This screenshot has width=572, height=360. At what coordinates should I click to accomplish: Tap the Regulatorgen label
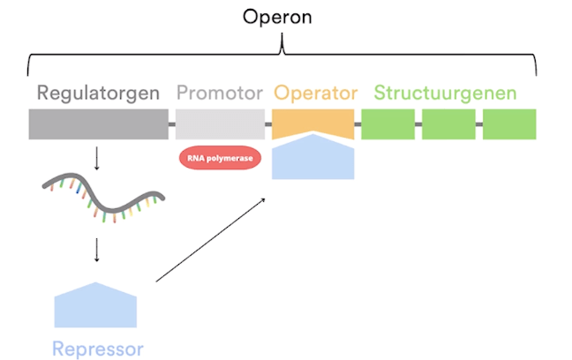click(x=98, y=93)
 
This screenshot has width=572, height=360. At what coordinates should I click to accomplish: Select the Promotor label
click(x=219, y=93)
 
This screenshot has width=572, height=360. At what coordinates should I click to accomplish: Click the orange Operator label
click(x=315, y=93)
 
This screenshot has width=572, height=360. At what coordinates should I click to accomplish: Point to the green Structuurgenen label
click(x=445, y=93)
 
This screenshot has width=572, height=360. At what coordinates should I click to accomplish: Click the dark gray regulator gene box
click(x=98, y=124)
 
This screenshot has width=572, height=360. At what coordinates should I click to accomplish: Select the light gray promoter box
click(x=220, y=124)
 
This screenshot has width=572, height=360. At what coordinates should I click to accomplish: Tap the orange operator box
click(x=313, y=120)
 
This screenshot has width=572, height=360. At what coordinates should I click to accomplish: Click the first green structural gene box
click(x=388, y=124)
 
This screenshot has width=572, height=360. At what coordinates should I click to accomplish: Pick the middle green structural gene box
click(x=448, y=124)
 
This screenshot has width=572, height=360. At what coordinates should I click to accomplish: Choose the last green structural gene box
click(x=509, y=124)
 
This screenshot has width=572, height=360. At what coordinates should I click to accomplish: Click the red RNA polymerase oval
click(x=219, y=158)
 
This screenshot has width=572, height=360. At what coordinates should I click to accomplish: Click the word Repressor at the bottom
click(x=97, y=349)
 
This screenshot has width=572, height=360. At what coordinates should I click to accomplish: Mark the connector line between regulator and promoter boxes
click(x=172, y=124)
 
